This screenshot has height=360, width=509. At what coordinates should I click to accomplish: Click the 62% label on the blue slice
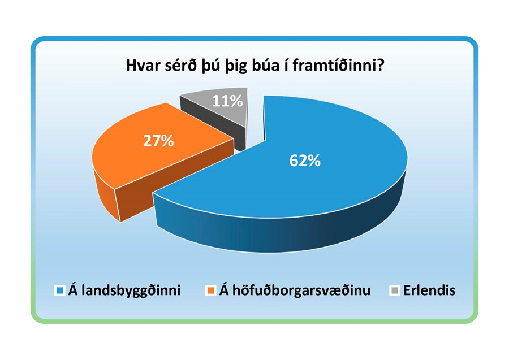(x=305, y=161)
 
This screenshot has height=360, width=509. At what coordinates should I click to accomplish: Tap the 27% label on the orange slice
(x=158, y=141)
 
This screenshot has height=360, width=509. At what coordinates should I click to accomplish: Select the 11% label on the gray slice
(x=227, y=101)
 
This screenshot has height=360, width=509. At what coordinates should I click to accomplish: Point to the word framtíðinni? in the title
(x=339, y=66)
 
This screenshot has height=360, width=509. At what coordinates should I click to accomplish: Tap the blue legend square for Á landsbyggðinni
(x=60, y=290)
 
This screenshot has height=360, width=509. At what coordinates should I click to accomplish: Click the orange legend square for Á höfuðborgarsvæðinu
(x=211, y=290)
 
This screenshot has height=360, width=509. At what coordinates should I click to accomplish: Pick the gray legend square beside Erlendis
(x=395, y=290)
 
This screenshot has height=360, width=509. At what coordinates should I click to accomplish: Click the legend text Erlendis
(x=429, y=290)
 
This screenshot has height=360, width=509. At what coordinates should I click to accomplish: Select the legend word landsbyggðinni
(x=131, y=291)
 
